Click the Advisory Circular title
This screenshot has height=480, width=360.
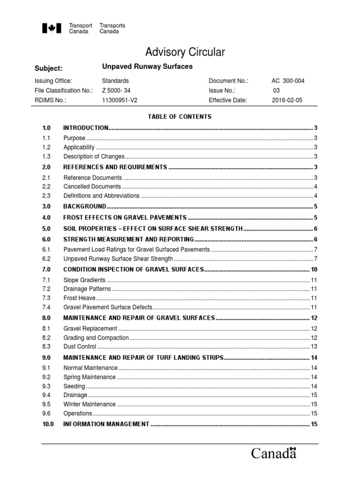pos(185,52)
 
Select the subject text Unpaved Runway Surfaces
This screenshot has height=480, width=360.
pos(147,67)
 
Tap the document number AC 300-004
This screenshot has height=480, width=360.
pos(288,81)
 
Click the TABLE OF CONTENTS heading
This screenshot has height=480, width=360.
pos(180,117)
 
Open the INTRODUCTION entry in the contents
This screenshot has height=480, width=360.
pos(86,128)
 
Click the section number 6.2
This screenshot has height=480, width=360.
pos(46,259)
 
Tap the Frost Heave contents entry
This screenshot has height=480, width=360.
pos(79,298)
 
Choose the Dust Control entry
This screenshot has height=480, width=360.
pos(80,347)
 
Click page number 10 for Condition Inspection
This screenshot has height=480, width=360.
pos(314,270)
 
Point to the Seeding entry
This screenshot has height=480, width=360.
pos(74,386)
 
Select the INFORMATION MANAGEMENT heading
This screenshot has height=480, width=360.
pos(106,424)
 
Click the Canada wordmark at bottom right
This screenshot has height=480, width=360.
pos(274,453)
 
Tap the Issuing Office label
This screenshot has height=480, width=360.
pos(53,81)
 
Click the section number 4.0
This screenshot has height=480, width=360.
pos(46,217)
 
